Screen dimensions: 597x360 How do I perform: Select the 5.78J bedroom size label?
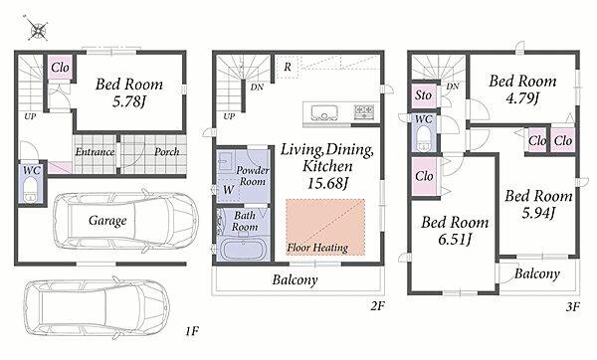click(x=129, y=102)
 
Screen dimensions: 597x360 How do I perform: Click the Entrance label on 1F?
click(x=95, y=152)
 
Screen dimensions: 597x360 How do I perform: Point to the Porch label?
click(x=167, y=152)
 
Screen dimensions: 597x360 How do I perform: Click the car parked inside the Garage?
click(x=125, y=221)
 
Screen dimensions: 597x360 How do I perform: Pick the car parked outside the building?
click(x=97, y=308)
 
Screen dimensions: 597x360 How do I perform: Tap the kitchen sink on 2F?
click(x=324, y=113)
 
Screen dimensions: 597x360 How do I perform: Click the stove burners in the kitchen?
click(x=364, y=112)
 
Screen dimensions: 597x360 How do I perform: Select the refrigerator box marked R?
click(x=288, y=67)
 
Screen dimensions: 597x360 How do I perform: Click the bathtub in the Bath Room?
click(x=243, y=249)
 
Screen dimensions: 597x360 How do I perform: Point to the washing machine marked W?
click(x=228, y=189)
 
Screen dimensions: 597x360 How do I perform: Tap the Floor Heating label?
click(x=317, y=248)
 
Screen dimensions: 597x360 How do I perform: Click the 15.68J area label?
click(x=327, y=184)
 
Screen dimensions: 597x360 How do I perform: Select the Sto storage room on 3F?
click(x=424, y=95)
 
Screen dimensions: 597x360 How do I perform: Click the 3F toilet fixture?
click(x=423, y=138)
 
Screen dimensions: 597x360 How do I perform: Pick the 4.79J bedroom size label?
click(x=522, y=98)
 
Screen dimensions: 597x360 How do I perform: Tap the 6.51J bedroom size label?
click(x=455, y=240)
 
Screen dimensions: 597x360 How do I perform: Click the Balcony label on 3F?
click(x=537, y=273)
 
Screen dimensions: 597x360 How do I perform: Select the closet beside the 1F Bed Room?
click(x=60, y=68)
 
